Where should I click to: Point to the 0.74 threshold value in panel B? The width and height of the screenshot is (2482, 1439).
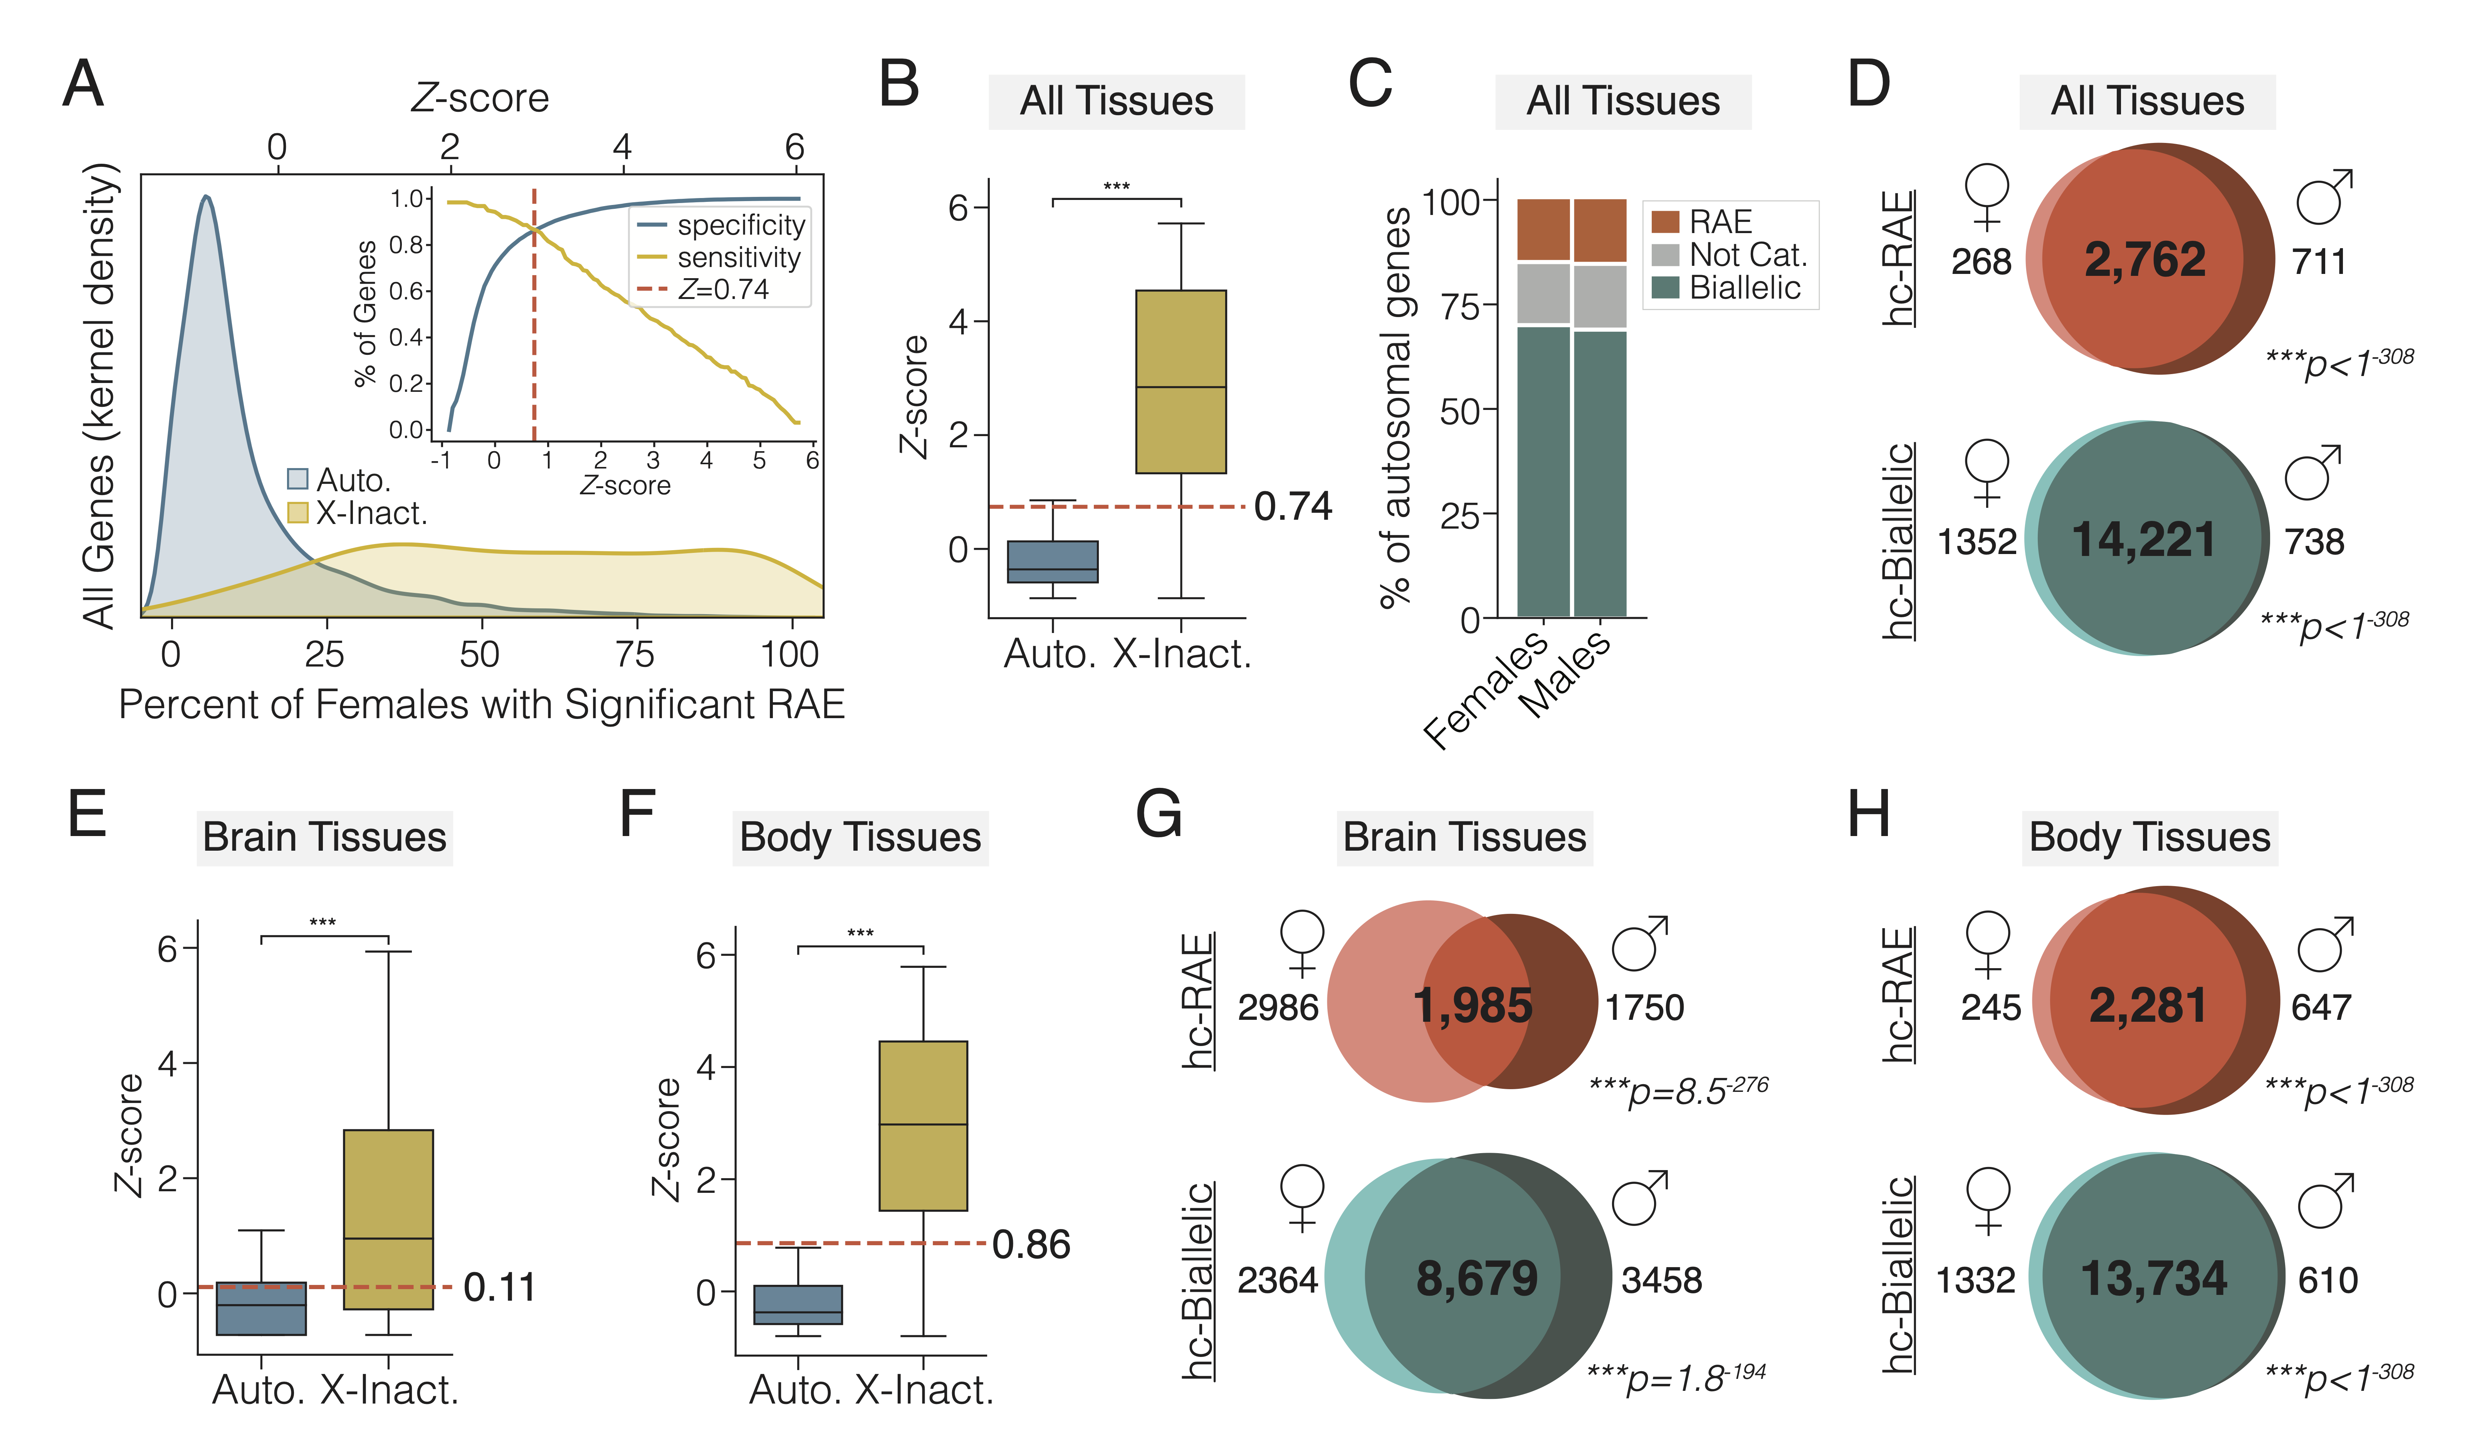click(1292, 506)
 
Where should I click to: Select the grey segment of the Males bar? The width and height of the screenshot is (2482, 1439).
click(1600, 296)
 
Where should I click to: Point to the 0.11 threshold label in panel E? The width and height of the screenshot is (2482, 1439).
click(499, 1287)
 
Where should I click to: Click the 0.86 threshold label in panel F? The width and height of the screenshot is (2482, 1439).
click(1030, 1244)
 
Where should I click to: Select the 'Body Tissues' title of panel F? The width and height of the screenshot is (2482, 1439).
click(860, 837)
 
